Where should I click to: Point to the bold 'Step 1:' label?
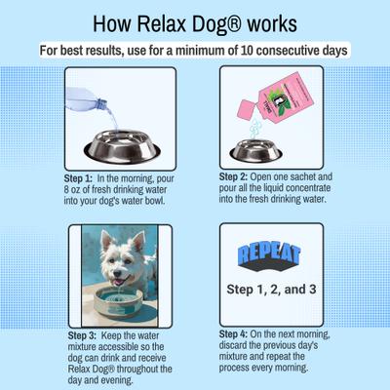tap(80, 179)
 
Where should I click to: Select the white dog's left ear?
tap(136, 241)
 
